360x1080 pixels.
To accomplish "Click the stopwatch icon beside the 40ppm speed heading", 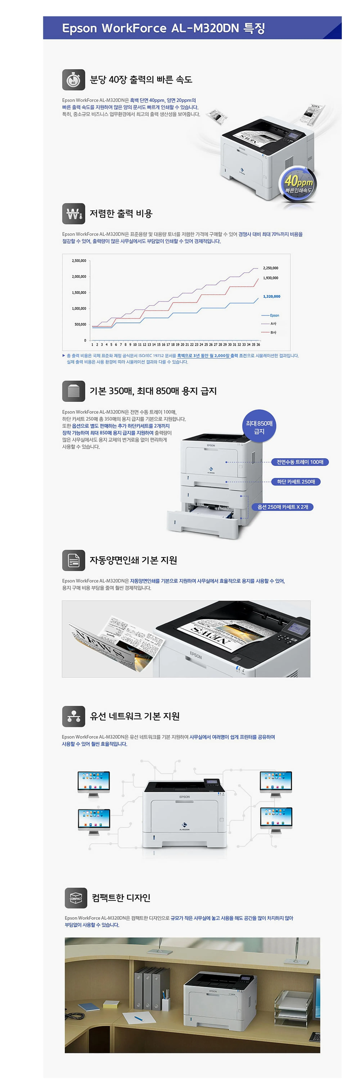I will (73, 80).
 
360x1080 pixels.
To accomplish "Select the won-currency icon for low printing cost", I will (73, 214).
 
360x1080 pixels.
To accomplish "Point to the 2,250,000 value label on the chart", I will (270, 268).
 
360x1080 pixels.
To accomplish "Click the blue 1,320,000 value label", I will (272, 296).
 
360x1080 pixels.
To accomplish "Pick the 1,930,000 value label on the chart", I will (270, 278).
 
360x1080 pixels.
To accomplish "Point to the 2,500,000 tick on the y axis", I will (79, 261).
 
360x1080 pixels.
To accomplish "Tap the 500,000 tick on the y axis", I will (80, 325).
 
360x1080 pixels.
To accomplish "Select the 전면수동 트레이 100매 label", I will (300, 462).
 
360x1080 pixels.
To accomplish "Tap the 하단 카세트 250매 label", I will (296, 482).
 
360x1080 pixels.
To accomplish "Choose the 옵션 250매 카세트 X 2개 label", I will (282, 507).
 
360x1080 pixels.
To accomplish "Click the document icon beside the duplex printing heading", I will (73, 560).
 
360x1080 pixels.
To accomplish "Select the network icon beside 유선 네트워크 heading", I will (73, 716).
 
